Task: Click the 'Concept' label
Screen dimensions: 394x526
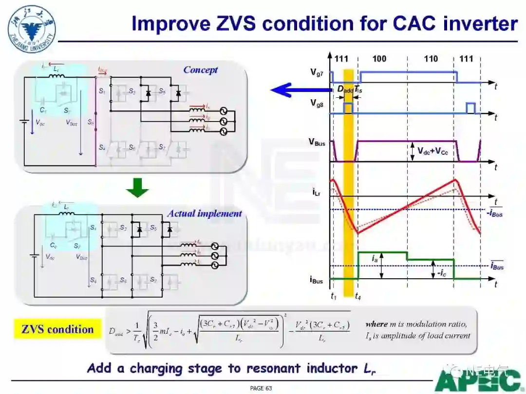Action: [200, 70]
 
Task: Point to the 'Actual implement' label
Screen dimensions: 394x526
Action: [204, 214]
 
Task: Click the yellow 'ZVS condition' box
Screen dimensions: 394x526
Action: [57, 329]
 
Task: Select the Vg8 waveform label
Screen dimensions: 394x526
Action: [317, 103]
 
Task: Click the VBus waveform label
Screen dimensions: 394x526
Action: [317, 142]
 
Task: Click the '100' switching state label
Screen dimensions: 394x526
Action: [379, 59]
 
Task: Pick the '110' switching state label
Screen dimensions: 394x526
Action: [431, 59]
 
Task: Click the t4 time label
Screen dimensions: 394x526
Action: [358, 296]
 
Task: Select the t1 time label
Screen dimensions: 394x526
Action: [333, 296]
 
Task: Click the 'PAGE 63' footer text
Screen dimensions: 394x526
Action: [261, 388]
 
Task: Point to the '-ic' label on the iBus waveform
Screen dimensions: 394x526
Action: [441, 273]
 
